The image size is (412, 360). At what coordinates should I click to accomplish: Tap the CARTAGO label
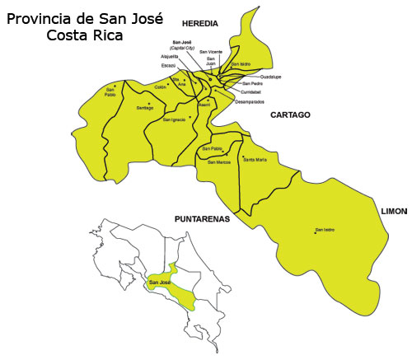pos(290,115)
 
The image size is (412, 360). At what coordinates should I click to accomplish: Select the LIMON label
pos(395,212)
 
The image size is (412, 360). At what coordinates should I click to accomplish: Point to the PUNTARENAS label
pos(202,219)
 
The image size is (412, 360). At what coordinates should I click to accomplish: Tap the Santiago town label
pos(145,108)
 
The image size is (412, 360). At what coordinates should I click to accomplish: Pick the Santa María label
pos(255,159)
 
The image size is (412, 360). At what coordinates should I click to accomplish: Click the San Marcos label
pos(219,162)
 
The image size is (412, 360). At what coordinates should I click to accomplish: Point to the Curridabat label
pos(255,92)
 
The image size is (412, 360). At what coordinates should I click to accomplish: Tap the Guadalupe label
pos(259,76)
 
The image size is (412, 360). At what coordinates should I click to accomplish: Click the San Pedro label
pos(253,84)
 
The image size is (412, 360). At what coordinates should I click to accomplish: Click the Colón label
pos(160,86)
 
